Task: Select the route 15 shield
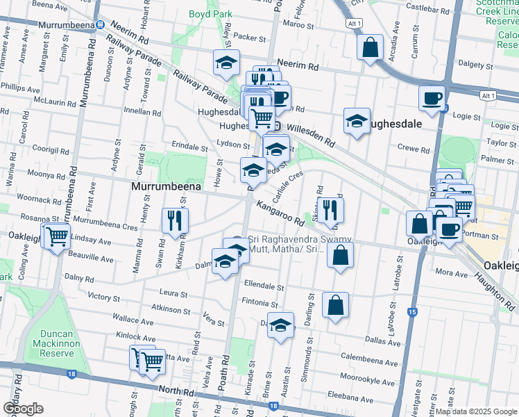click(x=412, y=313)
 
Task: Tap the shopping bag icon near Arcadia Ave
click(x=371, y=47)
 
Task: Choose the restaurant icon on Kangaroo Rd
click(x=330, y=209)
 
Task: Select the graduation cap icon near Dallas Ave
click(x=280, y=326)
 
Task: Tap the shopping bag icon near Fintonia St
click(x=335, y=305)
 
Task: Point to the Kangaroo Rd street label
click(x=280, y=213)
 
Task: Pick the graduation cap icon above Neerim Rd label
click(x=226, y=63)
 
